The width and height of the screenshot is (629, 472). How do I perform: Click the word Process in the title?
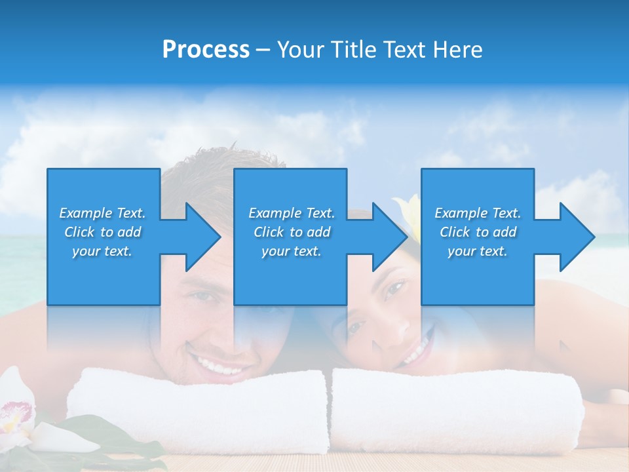coord(206,50)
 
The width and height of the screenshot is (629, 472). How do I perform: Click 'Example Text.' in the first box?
coord(102,213)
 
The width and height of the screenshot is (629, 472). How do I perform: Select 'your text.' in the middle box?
coord(291,251)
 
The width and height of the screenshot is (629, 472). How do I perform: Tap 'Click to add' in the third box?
coord(478,232)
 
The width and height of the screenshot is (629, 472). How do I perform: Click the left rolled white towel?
coord(197,410)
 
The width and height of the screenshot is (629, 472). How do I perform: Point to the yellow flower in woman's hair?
coord(408,210)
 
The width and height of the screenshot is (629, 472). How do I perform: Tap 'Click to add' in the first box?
coord(102,232)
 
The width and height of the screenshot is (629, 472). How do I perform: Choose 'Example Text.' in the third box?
coord(478,213)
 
